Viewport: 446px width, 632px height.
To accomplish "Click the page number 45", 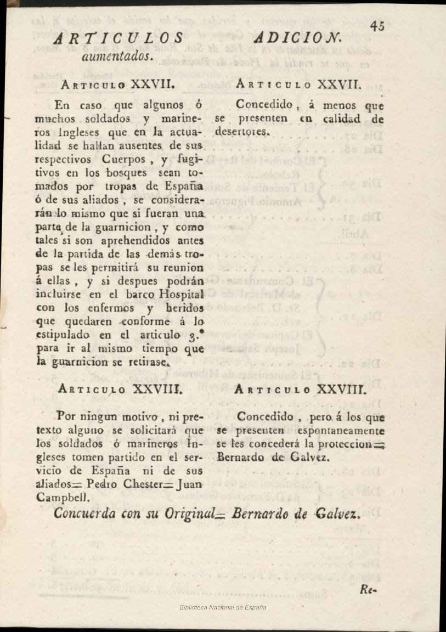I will point(376,26).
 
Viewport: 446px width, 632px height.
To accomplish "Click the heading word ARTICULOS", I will point(119,38).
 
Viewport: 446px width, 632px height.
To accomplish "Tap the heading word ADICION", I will point(299,38).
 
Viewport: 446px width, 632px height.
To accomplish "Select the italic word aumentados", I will point(116,55).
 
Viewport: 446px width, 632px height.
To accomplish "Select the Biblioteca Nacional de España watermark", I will point(223,607).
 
